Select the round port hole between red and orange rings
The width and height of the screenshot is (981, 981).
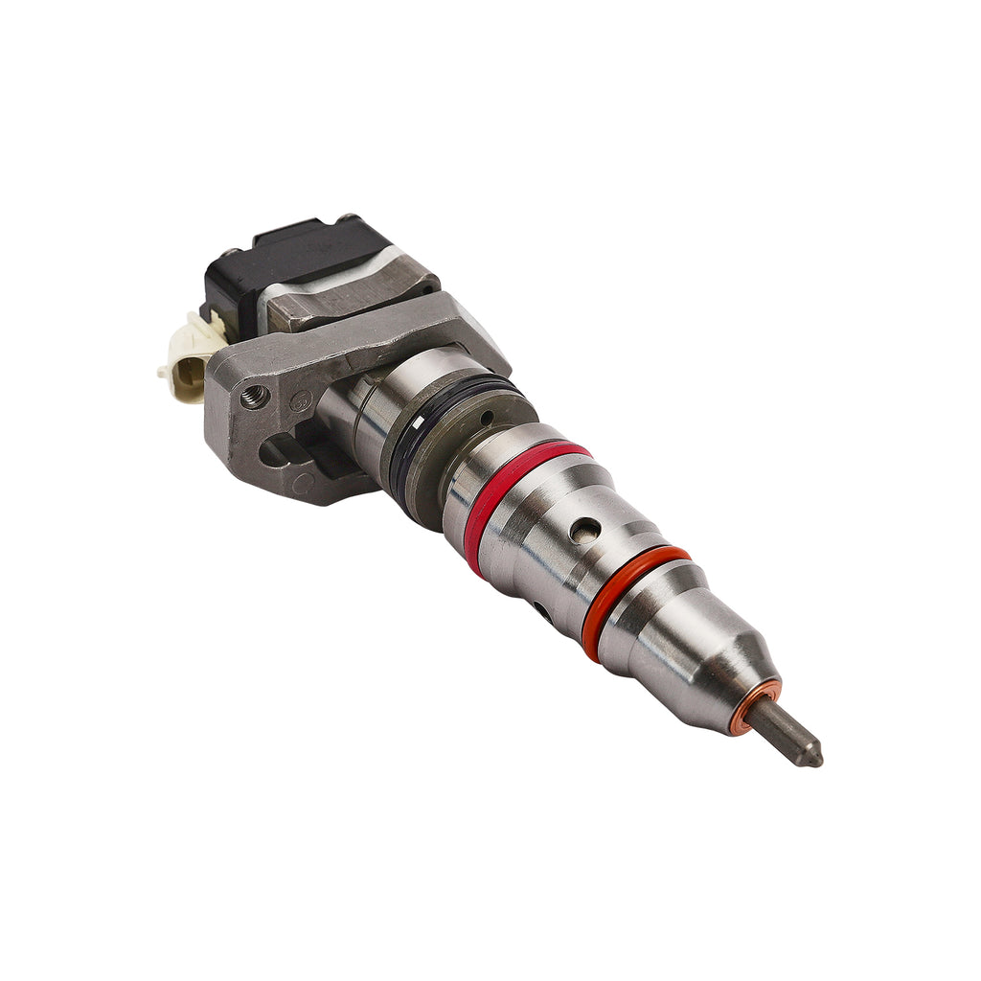(584, 530)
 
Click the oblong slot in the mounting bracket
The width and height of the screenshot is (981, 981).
(278, 450)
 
